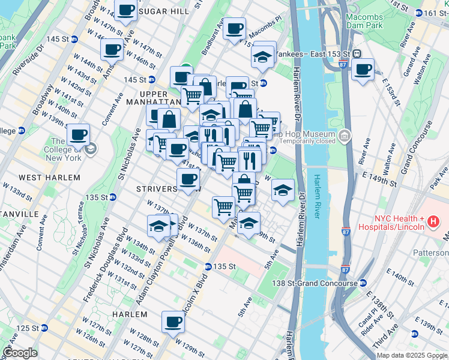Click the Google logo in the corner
click(20, 353)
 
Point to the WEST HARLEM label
click(41, 178)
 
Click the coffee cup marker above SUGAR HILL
click(126, 11)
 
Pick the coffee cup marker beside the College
click(78, 136)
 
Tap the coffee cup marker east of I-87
click(363, 70)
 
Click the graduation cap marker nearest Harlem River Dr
click(283, 190)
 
